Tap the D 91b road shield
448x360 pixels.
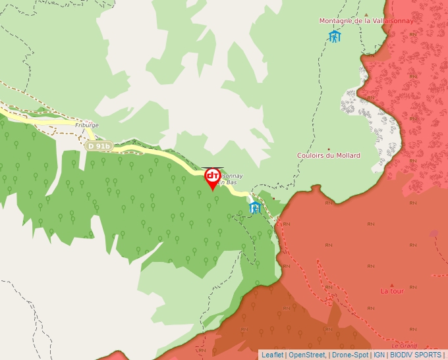[99, 146]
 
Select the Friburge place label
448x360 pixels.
[87, 124]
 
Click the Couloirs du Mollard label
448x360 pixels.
[329, 155]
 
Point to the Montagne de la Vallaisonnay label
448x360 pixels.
[366, 21]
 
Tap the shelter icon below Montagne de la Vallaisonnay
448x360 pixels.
[335, 36]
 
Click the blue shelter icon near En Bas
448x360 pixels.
[255, 208]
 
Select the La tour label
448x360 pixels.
[392, 291]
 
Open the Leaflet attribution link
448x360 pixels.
[272, 355]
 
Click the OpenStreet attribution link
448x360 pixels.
[307, 355]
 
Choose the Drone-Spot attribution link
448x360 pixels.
[350, 355]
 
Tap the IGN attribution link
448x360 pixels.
[379, 355]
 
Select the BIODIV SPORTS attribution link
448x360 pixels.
[416, 355]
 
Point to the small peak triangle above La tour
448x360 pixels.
[392, 284]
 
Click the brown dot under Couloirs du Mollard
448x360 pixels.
[329, 149]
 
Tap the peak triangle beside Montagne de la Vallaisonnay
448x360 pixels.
[366, 14]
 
